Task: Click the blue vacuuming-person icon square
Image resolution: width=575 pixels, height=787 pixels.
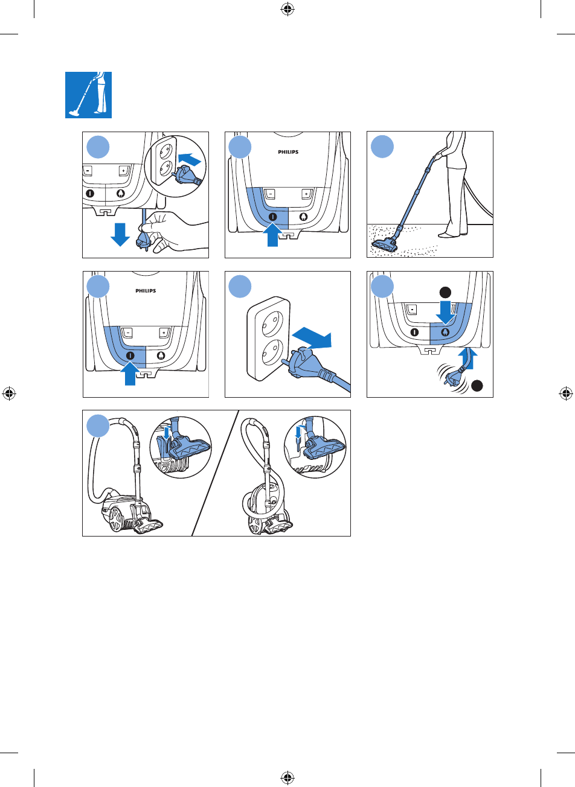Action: pyautogui.click(x=88, y=95)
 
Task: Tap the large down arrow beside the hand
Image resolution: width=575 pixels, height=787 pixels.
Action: pyautogui.click(x=120, y=234)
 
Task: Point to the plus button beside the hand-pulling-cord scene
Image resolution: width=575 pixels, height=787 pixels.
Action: pyautogui.click(x=123, y=171)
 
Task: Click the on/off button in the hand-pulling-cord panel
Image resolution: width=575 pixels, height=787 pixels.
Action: pyautogui.click(x=90, y=193)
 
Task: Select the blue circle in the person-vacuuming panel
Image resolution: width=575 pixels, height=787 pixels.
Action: pyautogui.click(x=382, y=147)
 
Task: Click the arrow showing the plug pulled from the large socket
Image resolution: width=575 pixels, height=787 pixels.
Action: pyautogui.click(x=312, y=338)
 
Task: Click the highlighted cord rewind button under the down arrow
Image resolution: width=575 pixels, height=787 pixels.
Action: pyautogui.click(x=445, y=332)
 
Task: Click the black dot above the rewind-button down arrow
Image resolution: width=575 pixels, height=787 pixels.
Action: pyautogui.click(x=445, y=293)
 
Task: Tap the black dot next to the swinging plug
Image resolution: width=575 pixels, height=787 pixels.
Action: pyautogui.click(x=477, y=386)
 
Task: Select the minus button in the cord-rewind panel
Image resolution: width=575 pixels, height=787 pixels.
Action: pyautogui.click(x=412, y=309)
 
